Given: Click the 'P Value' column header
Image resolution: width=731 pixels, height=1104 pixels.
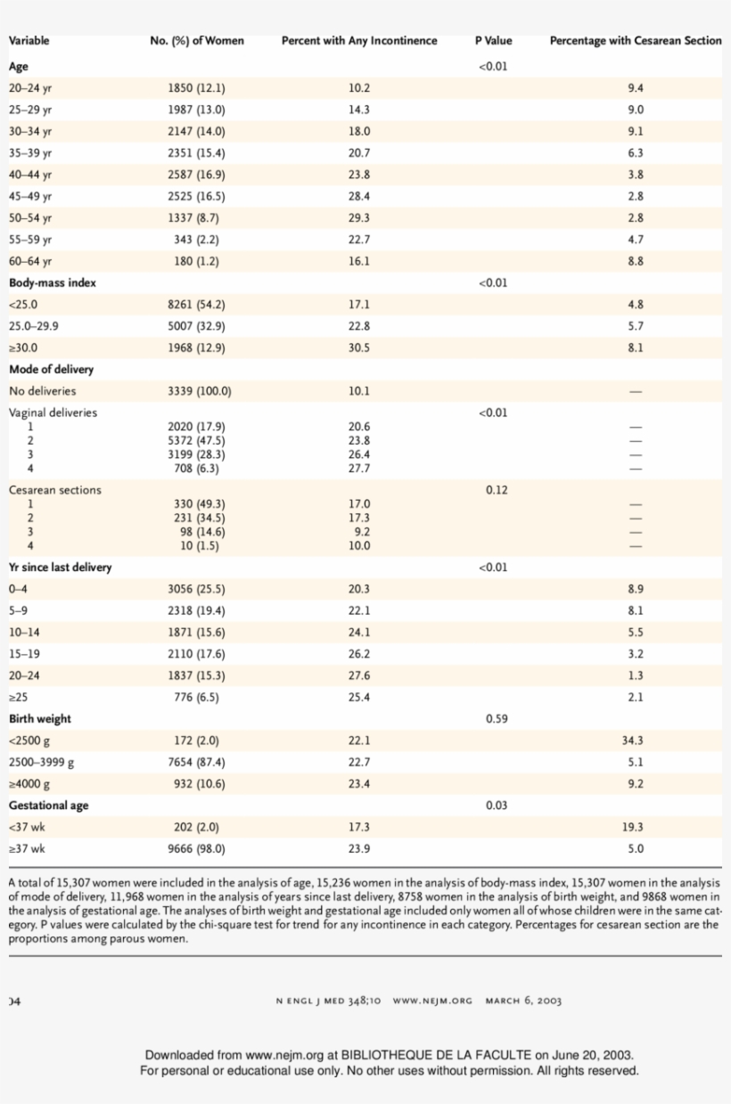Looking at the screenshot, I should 493,41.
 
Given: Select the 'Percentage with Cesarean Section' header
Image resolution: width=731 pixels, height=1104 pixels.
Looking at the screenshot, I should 636,41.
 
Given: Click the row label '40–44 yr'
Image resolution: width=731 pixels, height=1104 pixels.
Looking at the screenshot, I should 30,175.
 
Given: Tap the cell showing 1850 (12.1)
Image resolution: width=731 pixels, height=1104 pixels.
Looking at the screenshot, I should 196,88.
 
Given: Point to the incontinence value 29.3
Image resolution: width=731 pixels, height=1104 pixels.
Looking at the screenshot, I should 359,218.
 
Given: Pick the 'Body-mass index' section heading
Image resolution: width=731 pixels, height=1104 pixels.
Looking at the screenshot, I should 53,283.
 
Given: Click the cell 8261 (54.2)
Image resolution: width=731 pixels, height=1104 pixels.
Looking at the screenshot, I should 196,305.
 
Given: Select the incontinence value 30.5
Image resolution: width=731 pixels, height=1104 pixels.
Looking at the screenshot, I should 359,348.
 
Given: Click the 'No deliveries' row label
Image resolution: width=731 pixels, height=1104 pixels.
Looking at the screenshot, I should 43,391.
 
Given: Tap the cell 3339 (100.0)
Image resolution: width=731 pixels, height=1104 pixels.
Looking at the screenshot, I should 200,391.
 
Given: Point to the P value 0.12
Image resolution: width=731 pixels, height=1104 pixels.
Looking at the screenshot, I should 497,490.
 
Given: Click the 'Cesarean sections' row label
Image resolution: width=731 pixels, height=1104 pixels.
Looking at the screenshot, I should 55,490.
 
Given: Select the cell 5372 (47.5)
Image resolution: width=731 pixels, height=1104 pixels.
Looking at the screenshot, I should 196,441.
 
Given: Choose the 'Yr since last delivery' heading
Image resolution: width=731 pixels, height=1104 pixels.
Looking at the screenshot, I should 60,568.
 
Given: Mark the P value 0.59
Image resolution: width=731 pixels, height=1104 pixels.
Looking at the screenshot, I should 497,719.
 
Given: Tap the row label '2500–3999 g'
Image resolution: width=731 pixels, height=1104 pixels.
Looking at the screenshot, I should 41,763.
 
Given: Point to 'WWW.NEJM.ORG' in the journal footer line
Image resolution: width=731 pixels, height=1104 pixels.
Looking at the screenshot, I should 432,1001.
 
